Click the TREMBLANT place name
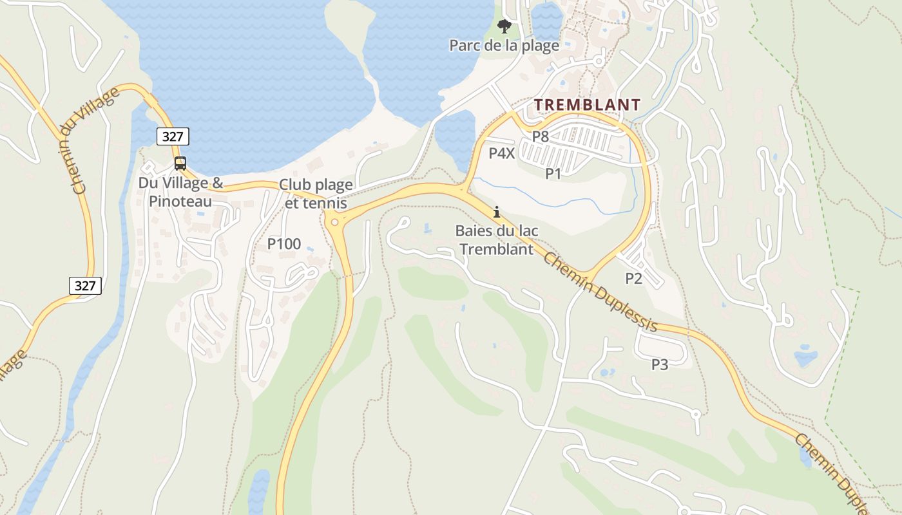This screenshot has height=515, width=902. pos(587,105)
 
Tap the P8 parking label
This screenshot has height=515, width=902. pos(540,136)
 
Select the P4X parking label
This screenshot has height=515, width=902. pos(501,153)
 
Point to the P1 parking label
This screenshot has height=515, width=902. pos(553,173)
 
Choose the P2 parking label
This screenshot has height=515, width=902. pos(634,278)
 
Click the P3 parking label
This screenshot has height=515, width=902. pos(659,364)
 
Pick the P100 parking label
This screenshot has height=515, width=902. pos(284,244)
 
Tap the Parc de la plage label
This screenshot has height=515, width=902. pos(504,46)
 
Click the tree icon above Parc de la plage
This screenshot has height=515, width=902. pos(504,26)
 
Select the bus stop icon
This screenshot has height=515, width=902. pos(180,164)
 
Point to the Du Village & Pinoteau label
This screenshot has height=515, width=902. pos(180,192)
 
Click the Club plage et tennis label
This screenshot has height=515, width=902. pos(316,194)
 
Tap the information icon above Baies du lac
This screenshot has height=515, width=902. pos(496,212)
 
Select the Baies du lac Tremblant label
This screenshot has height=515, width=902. pos(496,239)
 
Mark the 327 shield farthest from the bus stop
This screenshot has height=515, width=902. pos(85,286)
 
